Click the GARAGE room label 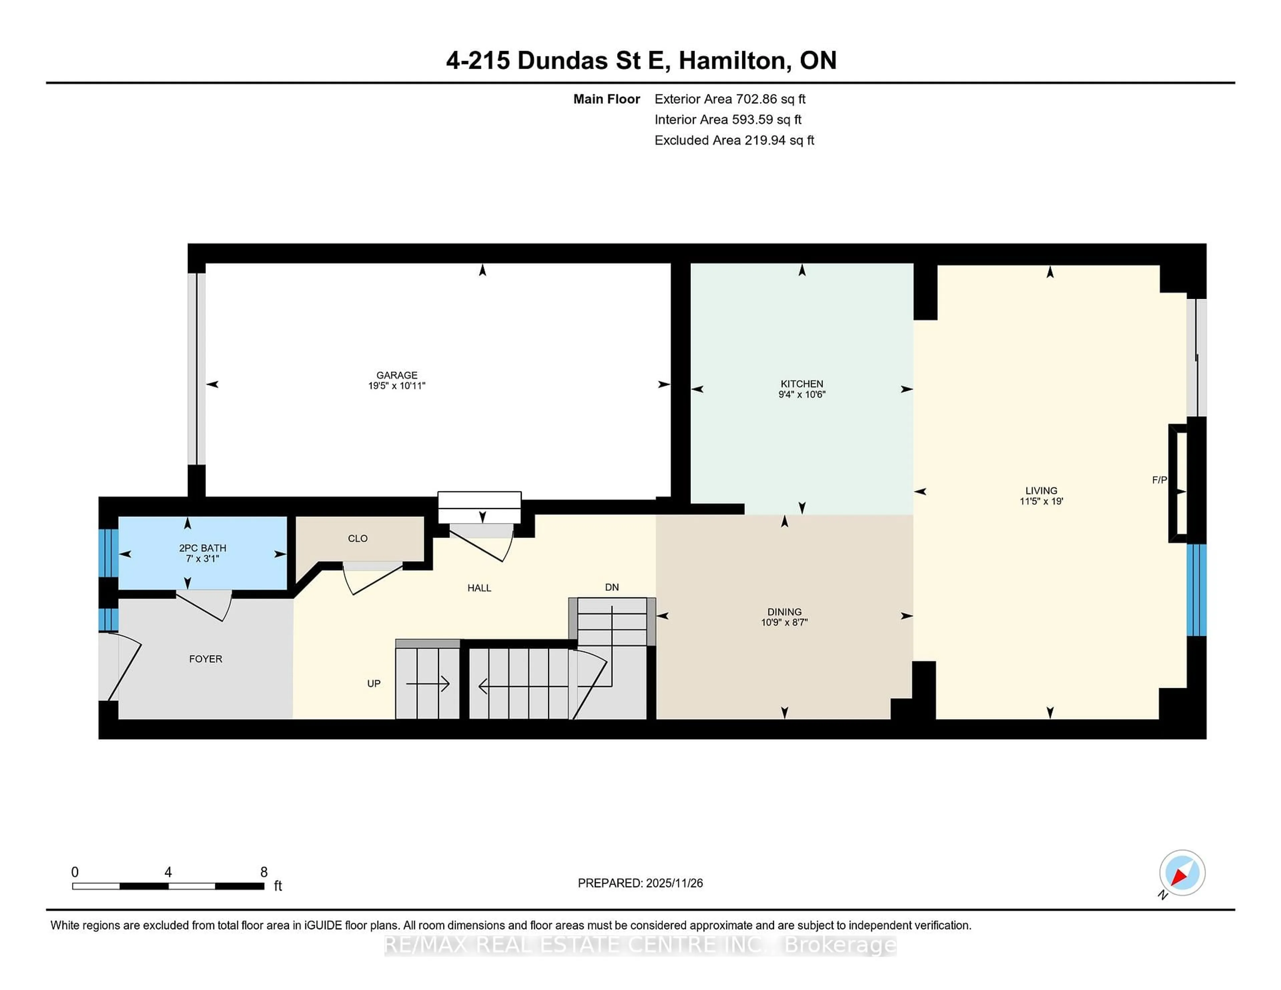point(397,375)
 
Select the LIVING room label point(1041,490)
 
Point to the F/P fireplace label point(1159,480)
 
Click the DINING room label point(784,612)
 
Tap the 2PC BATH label point(202,548)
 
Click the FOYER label point(205,659)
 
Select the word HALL point(479,588)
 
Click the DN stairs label point(612,587)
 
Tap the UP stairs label point(374,683)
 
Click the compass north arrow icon point(1182,873)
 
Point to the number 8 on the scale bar point(264,872)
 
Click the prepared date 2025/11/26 point(673,883)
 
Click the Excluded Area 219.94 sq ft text point(734,140)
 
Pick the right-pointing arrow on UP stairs point(428,684)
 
